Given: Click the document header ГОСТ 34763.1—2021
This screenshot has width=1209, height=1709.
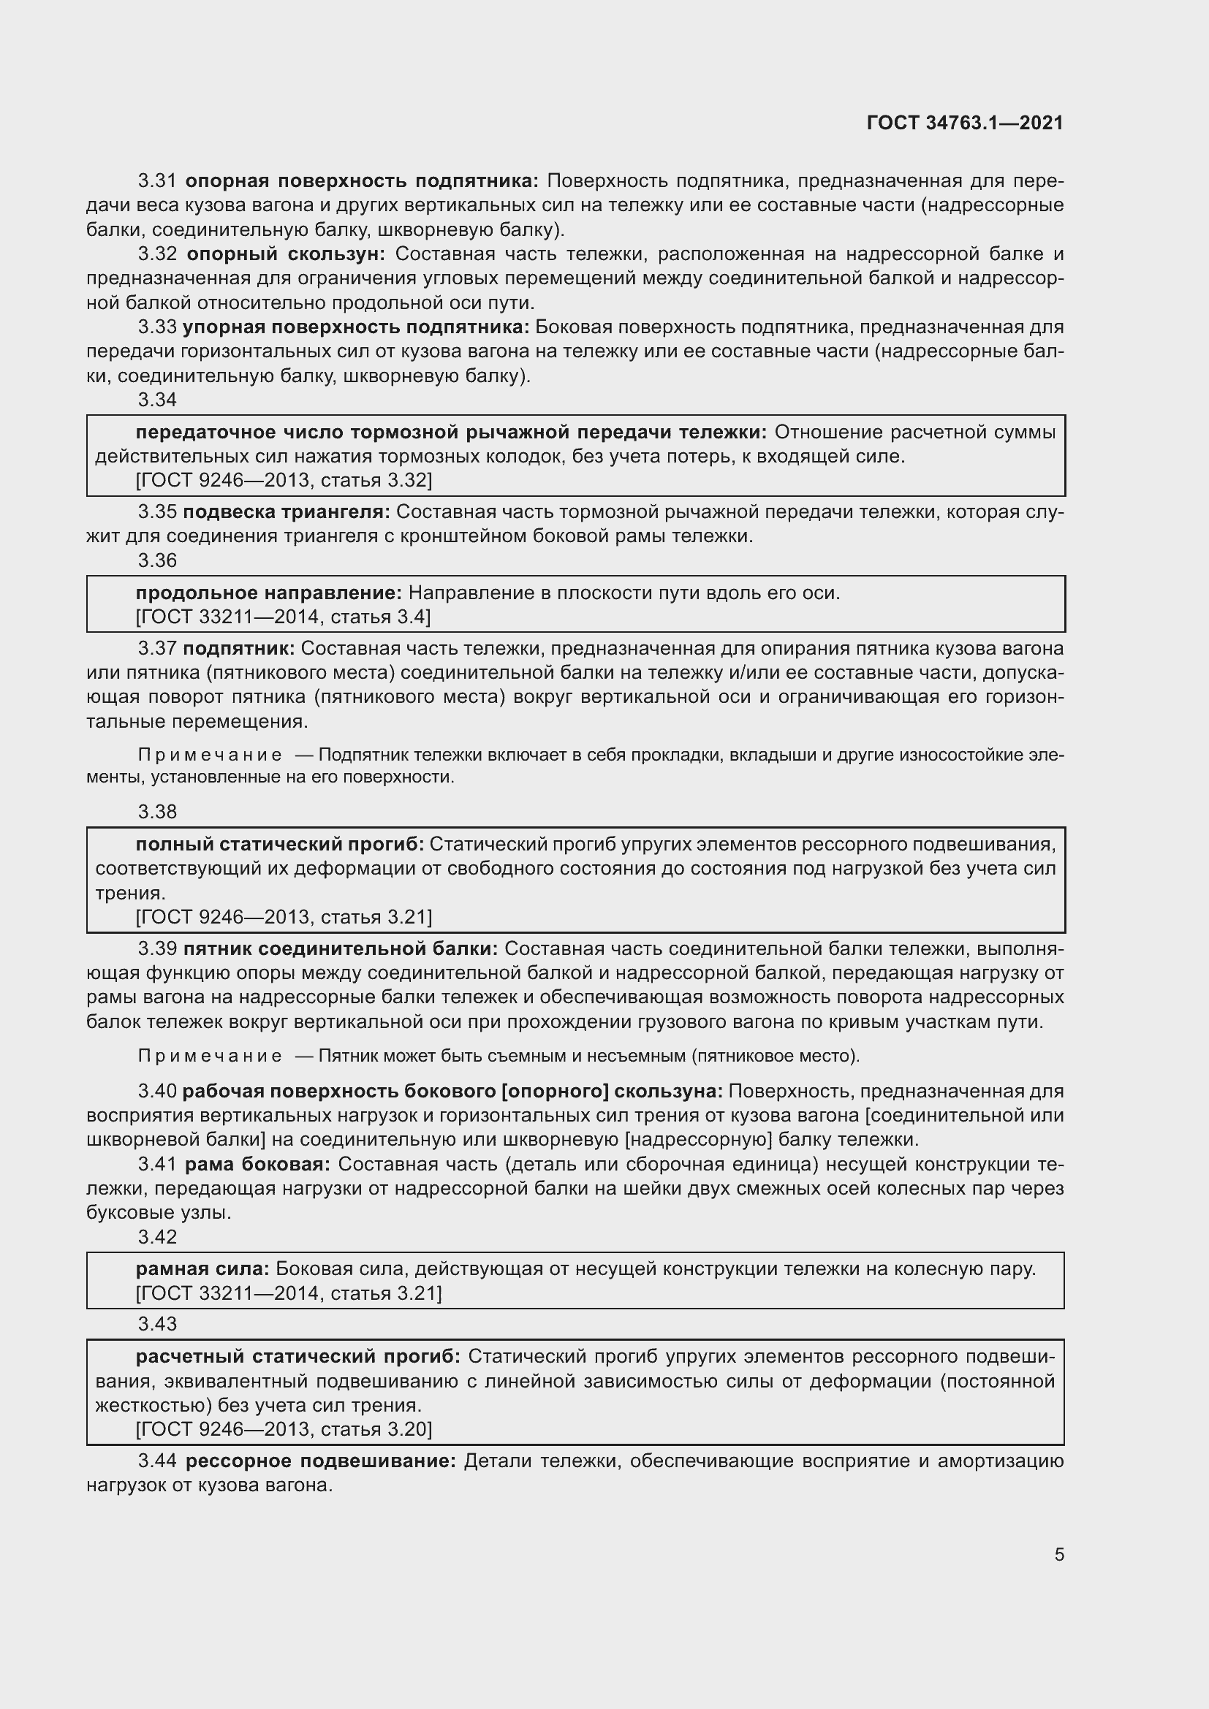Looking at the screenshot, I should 965,123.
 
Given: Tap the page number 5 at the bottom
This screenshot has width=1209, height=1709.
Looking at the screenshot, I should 1058,1554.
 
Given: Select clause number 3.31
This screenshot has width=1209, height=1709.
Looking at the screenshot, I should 157,181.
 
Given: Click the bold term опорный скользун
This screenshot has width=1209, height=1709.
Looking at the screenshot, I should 285,254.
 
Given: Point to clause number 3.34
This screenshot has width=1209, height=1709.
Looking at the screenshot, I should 157,400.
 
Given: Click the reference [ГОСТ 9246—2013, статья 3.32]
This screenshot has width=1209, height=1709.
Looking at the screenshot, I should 284,480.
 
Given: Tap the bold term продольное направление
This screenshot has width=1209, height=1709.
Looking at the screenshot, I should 269,593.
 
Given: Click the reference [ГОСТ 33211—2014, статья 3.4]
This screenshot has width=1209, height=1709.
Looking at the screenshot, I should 283,617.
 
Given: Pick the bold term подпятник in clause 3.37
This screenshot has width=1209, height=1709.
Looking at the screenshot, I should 239,649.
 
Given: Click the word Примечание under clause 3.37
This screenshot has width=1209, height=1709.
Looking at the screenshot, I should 210,755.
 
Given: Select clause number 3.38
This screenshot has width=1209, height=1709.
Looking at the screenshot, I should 157,812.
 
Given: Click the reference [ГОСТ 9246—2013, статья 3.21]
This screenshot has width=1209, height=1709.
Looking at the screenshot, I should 284,917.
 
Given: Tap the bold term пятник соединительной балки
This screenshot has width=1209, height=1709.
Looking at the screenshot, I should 340,949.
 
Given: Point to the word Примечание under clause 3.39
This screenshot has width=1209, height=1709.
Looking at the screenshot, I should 210,1057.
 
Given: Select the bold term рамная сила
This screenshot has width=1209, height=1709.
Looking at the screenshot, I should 205,1269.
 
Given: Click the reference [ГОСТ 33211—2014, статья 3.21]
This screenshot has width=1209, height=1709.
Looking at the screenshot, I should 288,1294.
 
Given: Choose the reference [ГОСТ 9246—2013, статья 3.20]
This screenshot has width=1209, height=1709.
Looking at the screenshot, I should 284,1429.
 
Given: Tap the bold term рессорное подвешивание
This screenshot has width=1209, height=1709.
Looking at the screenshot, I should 320,1461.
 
